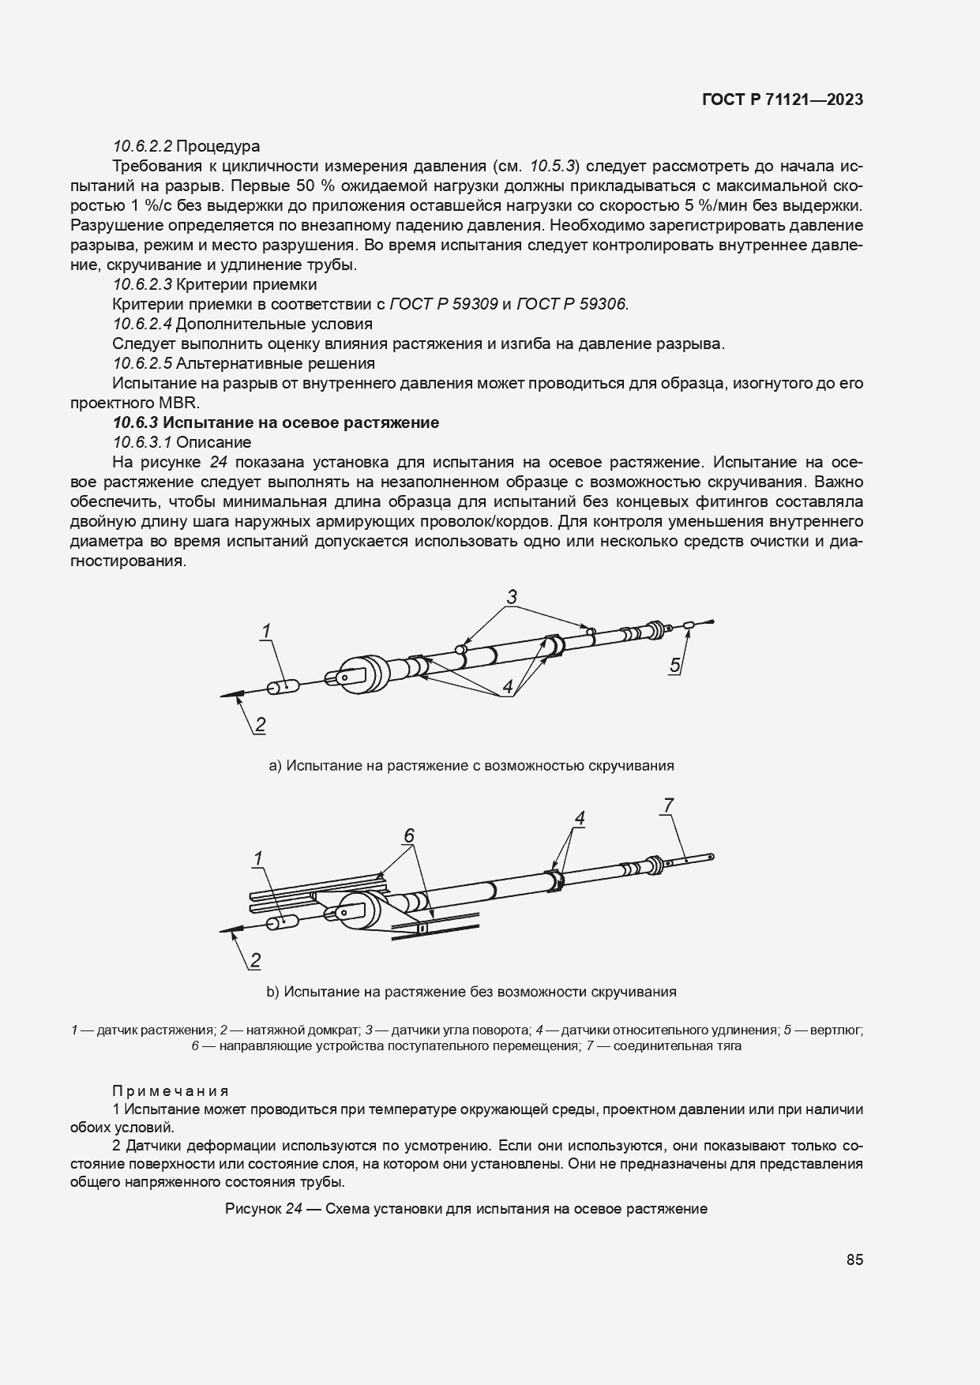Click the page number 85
coord(854,1259)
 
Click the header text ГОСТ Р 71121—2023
coord(782,99)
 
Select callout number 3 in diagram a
coord(512,597)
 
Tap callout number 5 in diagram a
coord(674,665)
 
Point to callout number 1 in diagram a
coord(267,631)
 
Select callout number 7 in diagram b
coord(668,805)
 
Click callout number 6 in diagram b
coord(409,835)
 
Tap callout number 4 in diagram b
coord(580,819)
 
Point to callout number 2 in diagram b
coord(255,960)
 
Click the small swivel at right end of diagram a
coord(689,625)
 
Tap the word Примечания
coord(171,1090)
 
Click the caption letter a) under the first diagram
coord(276,765)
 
